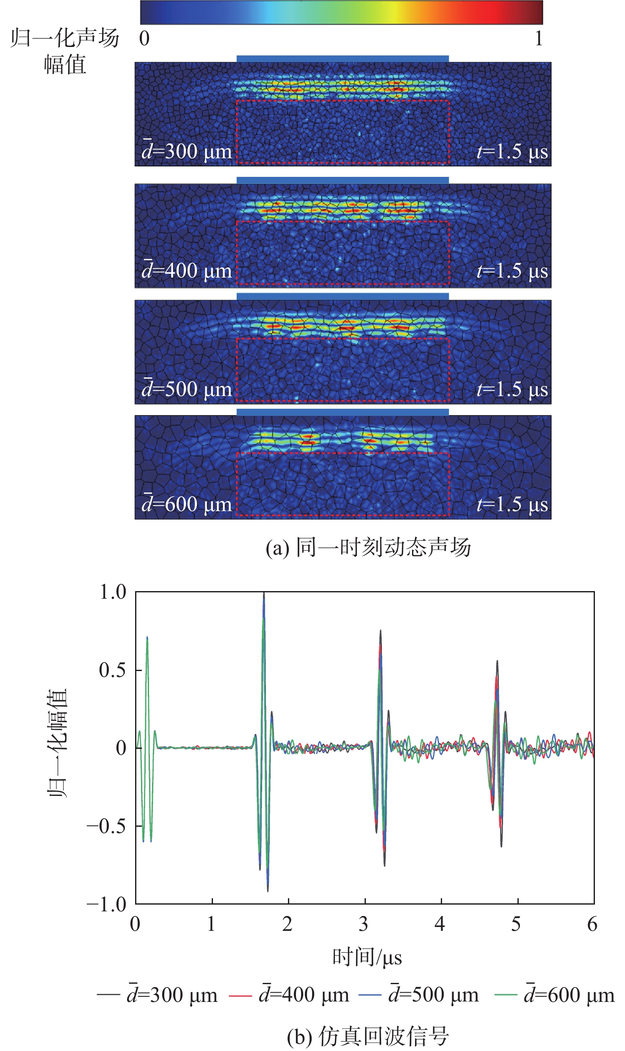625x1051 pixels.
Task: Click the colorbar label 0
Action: [144, 39]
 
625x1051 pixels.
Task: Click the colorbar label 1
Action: [538, 39]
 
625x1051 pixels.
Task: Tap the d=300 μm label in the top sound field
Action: [187, 151]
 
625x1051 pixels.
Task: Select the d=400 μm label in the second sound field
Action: [187, 271]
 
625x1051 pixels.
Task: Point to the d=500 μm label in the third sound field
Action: [187, 389]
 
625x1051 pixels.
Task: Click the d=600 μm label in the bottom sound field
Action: [187, 504]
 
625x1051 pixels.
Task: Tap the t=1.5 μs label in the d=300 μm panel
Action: [512, 151]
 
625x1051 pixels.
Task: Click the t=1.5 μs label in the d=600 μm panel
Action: [512, 504]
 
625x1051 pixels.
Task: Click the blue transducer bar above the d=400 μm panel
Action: [342, 180]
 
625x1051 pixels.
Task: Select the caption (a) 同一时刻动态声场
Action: [368, 548]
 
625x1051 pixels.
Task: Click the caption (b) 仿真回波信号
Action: [368, 1036]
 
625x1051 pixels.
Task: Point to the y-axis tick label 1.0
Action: [113, 592]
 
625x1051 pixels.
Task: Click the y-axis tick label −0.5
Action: [106, 826]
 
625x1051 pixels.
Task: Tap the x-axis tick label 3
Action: [364, 924]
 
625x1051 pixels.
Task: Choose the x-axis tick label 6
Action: [592, 924]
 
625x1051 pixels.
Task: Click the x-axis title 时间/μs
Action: [367, 957]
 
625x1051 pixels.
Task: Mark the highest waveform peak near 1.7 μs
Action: [264, 594]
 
